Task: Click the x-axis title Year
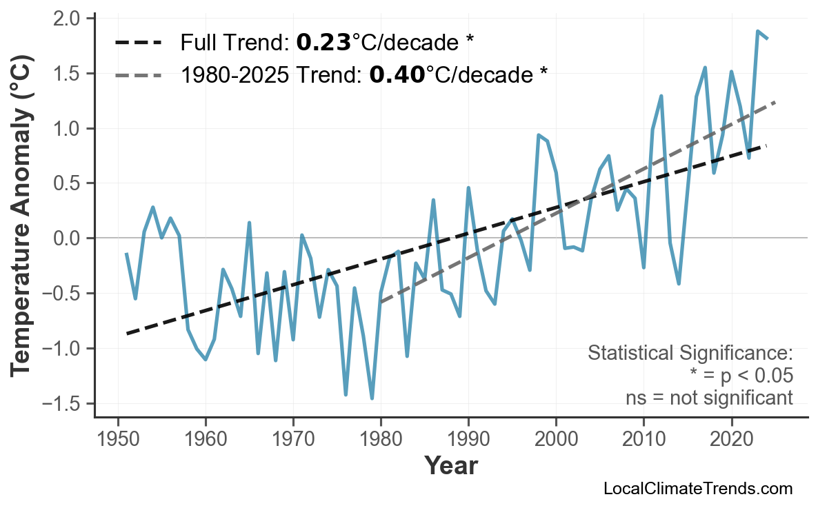(450, 466)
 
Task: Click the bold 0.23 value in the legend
(323, 43)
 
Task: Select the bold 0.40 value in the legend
(397, 74)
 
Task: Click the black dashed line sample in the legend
(139, 43)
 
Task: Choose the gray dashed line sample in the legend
(139, 74)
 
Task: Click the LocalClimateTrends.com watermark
(697, 489)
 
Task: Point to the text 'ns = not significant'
(709, 398)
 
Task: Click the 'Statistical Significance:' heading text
(690, 354)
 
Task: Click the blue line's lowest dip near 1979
(372, 398)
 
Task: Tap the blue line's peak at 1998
(539, 135)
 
